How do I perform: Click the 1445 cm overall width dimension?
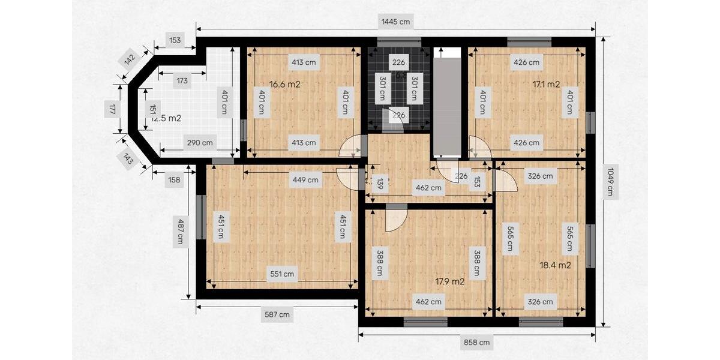pyautogui.click(x=396, y=22)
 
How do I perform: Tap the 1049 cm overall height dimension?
pyautogui.click(x=610, y=182)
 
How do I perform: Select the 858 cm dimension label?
pyautogui.click(x=477, y=343)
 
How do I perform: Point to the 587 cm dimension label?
pyautogui.click(x=277, y=314)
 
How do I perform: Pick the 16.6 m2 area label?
pyautogui.click(x=284, y=85)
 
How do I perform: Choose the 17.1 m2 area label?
pyautogui.click(x=546, y=85)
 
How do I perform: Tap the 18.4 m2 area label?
pyautogui.click(x=554, y=265)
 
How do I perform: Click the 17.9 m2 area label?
pyautogui.click(x=449, y=281)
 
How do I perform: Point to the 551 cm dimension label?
pyautogui.click(x=282, y=274)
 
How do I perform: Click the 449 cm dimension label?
pyautogui.click(x=305, y=179)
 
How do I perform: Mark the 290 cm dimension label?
pyautogui.click(x=200, y=143)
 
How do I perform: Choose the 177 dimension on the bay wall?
pyautogui.click(x=112, y=109)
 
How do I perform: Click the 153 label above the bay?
pyautogui.click(x=175, y=41)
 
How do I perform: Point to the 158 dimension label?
pyautogui.click(x=175, y=179)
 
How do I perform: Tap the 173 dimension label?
pyautogui.click(x=181, y=80)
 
